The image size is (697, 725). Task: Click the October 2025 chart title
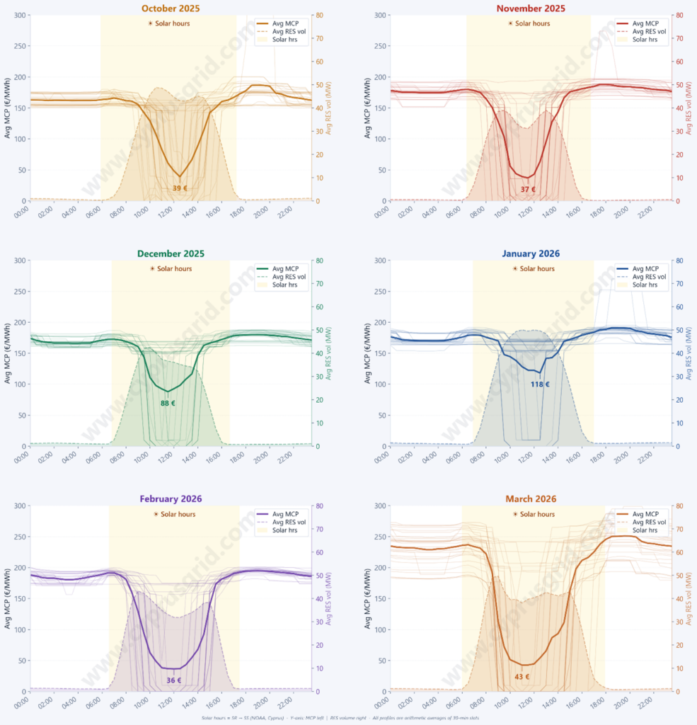coord(170,8)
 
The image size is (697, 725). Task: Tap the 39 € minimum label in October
coord(180,188)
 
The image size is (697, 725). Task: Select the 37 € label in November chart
coord(528,190)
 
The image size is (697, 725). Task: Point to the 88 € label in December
coord(168,403)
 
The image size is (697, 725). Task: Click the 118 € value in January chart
coord(540,384)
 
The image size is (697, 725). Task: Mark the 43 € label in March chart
coord(522,677)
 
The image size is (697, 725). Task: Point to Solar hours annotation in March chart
coord(531,514)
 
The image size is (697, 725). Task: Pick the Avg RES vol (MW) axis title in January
coord(689,354)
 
